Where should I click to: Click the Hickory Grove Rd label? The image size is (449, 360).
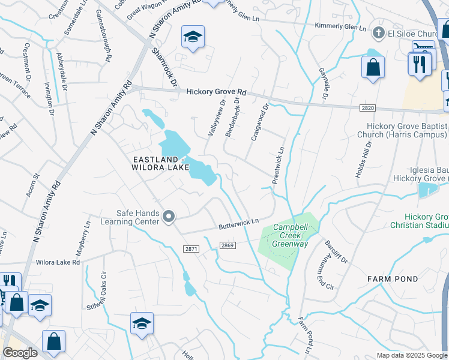click(216, 92)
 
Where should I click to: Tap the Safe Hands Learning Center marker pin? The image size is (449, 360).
click(169, 217)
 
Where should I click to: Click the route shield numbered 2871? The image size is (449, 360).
click(191, 248)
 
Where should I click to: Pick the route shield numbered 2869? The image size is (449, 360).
click(227, 245)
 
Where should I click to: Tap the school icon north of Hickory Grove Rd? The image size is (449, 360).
click(193, 37)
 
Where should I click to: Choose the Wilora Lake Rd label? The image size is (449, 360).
click(58, 263)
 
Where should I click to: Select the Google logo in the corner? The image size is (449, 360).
click(20, 353)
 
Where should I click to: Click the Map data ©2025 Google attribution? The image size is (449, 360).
click(412, 355)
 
